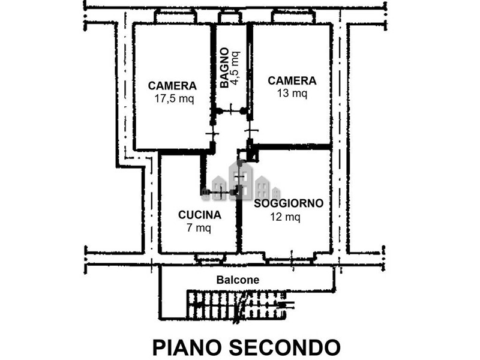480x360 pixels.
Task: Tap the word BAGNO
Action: tap(224, 67)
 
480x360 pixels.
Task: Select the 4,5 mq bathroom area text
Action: tap(235, 67)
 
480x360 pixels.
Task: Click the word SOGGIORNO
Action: tap(289, 203)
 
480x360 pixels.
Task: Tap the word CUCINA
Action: tap(200, 214)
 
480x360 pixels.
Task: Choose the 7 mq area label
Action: tap(199, 227)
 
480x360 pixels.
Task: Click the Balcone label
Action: tap(238, 280)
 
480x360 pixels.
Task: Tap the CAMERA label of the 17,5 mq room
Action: tap(173, 86)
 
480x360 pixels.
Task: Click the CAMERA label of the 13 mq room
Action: tap(292, 80)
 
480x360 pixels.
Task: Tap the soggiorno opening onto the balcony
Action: tap(289, 258)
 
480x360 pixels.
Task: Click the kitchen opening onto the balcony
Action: tap(209, 258)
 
